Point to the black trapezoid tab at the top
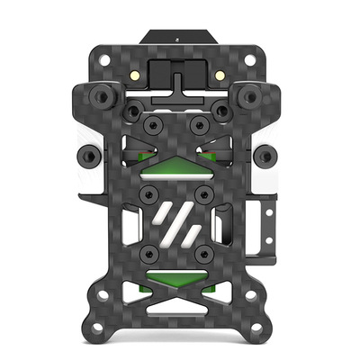[180, 40]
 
